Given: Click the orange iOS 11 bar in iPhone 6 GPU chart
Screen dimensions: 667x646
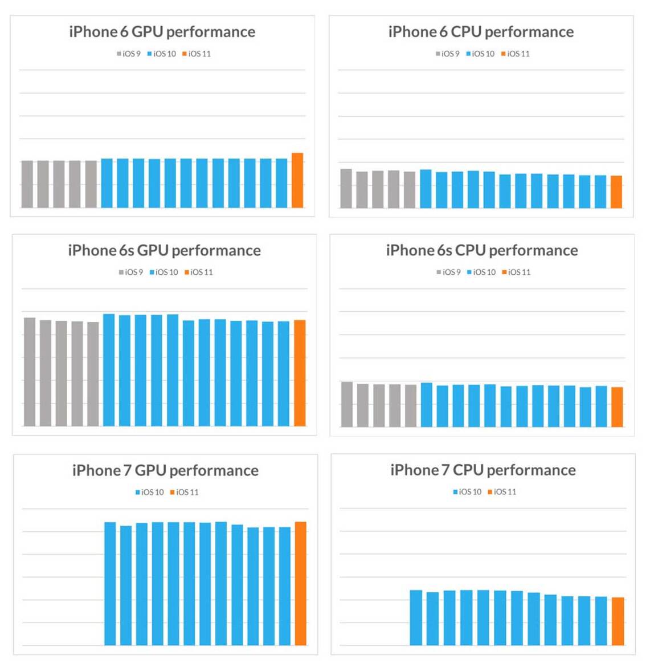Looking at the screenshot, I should pos(297,180).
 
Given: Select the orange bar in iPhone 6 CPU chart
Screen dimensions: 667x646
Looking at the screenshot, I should pos(616,192).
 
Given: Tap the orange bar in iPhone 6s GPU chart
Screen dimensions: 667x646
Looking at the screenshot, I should pos(300,373).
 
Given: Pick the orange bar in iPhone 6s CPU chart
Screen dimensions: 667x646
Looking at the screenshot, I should pos(616,406).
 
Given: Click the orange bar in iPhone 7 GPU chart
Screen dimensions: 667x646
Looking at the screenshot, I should pos(300,583).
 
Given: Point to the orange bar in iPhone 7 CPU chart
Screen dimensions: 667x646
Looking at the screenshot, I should pos(618,621).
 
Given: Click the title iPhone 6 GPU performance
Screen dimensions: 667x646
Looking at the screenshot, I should pos(162,32).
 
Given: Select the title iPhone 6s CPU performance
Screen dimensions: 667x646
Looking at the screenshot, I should pos(482,250).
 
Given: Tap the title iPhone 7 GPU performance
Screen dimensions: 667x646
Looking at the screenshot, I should pos(165,470).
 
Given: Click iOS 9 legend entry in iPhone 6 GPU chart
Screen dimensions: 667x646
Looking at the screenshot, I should pos(129,54).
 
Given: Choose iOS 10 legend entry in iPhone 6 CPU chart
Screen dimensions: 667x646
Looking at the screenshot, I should pos(480,54).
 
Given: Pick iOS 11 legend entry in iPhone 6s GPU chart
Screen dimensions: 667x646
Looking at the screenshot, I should pos(199,272).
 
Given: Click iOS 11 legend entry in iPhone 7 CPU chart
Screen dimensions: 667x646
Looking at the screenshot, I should pos(502,491).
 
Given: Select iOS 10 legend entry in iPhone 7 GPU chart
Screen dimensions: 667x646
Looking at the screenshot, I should pos(149,492).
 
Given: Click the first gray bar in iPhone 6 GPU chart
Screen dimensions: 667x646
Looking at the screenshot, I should pos(27,184).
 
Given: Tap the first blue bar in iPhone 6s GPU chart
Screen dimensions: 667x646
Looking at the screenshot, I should pos(109,369).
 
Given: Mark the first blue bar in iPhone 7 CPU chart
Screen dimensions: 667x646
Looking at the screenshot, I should pos(416,617).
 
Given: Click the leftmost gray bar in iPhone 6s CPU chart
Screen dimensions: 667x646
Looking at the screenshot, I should pos(346,404).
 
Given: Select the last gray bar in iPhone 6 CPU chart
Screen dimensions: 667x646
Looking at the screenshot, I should pos(410,189).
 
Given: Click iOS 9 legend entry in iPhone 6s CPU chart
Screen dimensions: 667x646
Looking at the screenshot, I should pos(448,272).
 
